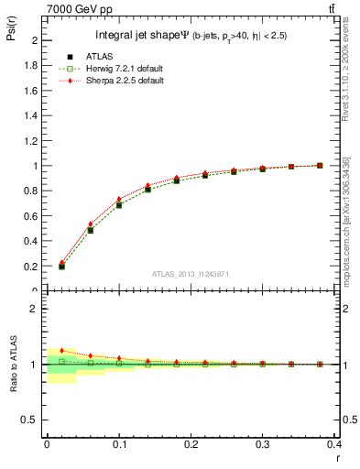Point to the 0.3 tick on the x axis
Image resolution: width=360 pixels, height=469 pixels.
click(262, 444)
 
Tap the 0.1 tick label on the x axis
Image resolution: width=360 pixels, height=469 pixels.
click(119, 444)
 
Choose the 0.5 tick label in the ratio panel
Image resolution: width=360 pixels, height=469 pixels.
click(32, 420)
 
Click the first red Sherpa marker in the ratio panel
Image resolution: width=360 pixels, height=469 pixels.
click(61, 351)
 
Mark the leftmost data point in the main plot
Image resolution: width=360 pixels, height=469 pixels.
click(61, 266)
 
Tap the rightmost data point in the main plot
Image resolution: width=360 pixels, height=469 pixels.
click(320, 166)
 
